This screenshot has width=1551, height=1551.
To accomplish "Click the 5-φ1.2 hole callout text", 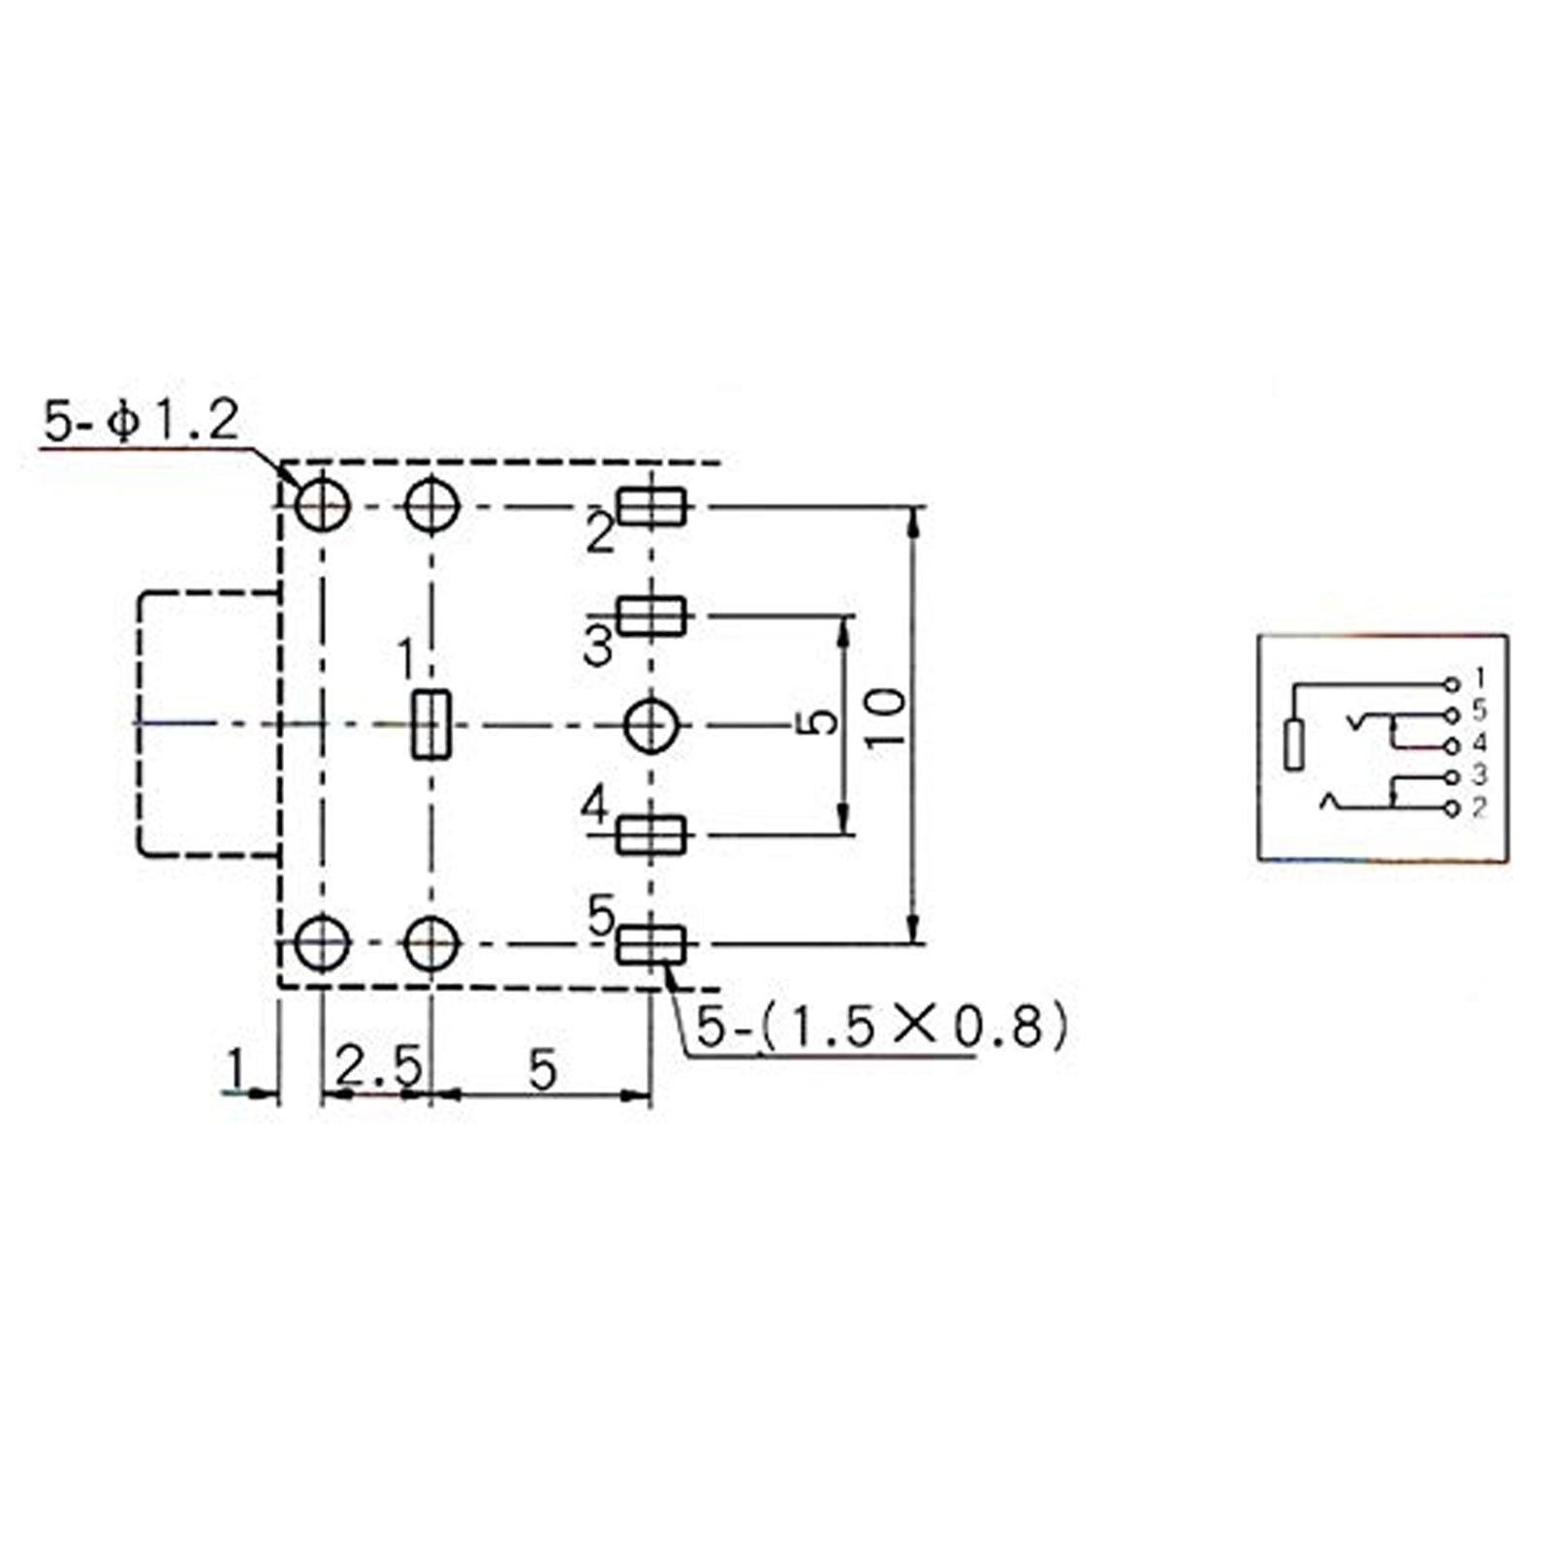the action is (x=141, y=424).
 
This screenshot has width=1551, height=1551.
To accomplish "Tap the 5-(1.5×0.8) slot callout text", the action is (x=883, y=1027).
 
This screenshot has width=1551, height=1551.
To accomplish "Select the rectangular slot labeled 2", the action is (x=652, y=507).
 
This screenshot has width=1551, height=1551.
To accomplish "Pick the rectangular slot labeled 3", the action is (x=652, y=616).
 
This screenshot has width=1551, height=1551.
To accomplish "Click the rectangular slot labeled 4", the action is (x=652, y=835).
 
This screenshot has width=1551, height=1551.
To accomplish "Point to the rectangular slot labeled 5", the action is (x=652, y=944).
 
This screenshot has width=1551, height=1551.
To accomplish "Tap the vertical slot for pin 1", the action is (x=431, y=724).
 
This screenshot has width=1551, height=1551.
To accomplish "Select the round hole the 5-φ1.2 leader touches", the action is (x=322, y=506).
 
